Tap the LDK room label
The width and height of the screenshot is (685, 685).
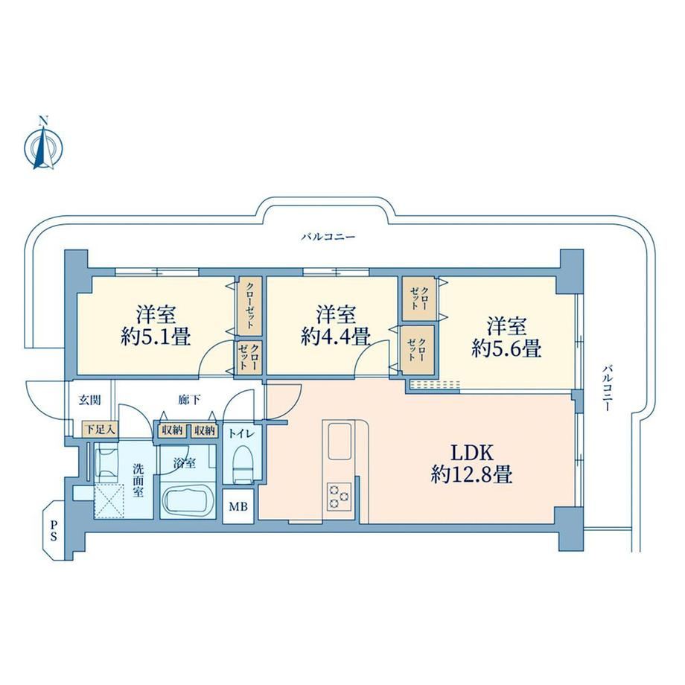point(471,453)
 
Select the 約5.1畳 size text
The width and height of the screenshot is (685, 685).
point(156,337)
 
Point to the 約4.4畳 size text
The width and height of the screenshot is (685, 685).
point(336,337)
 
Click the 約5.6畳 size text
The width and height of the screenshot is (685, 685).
point(506,348)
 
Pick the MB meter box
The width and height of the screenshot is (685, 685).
point(238,506)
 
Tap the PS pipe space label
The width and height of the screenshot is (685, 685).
point(54,529)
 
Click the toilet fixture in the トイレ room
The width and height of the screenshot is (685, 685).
point(243,465)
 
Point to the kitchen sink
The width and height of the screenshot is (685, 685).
point(340,441)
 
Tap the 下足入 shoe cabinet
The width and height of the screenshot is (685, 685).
point(101,430)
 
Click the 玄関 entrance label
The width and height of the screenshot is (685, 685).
point(90,400)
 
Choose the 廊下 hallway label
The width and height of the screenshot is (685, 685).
point(190,399)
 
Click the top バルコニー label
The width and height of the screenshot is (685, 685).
point(328,238)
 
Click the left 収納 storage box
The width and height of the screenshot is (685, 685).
point(172,430)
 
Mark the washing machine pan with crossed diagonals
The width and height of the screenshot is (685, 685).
point(109,501)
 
